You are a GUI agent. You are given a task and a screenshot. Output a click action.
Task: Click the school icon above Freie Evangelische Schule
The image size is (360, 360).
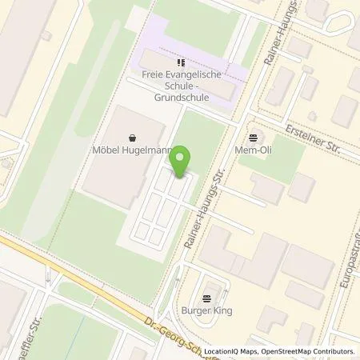[x=180, y=62]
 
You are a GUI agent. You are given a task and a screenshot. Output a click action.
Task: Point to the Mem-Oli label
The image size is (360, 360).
[x=259, y=148]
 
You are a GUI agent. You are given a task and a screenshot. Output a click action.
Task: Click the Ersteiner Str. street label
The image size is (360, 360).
[x=312, y=134]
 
